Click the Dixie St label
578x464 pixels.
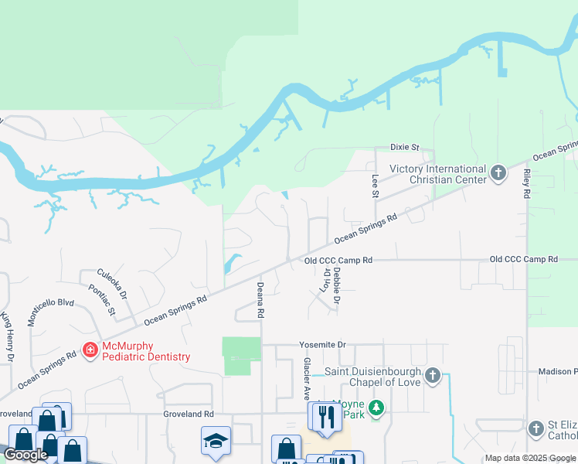[404, 147]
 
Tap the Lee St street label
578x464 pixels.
[376, 186]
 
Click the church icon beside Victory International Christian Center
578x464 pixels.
[498, 172]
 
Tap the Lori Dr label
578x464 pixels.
[325, 280]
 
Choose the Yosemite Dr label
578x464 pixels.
[323, 345]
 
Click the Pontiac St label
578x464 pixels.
[102, 300]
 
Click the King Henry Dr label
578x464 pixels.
[7, 337]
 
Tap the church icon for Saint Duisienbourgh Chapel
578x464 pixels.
[433, 377]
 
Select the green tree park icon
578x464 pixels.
[376, 408]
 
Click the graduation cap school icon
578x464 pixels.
[216, 441]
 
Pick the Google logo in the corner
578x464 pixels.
[26, 455]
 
